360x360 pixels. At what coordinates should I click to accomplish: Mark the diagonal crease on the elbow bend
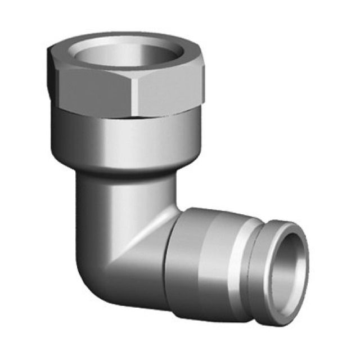coord(143,236)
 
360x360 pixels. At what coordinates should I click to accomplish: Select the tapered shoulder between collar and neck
coord(121,172)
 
